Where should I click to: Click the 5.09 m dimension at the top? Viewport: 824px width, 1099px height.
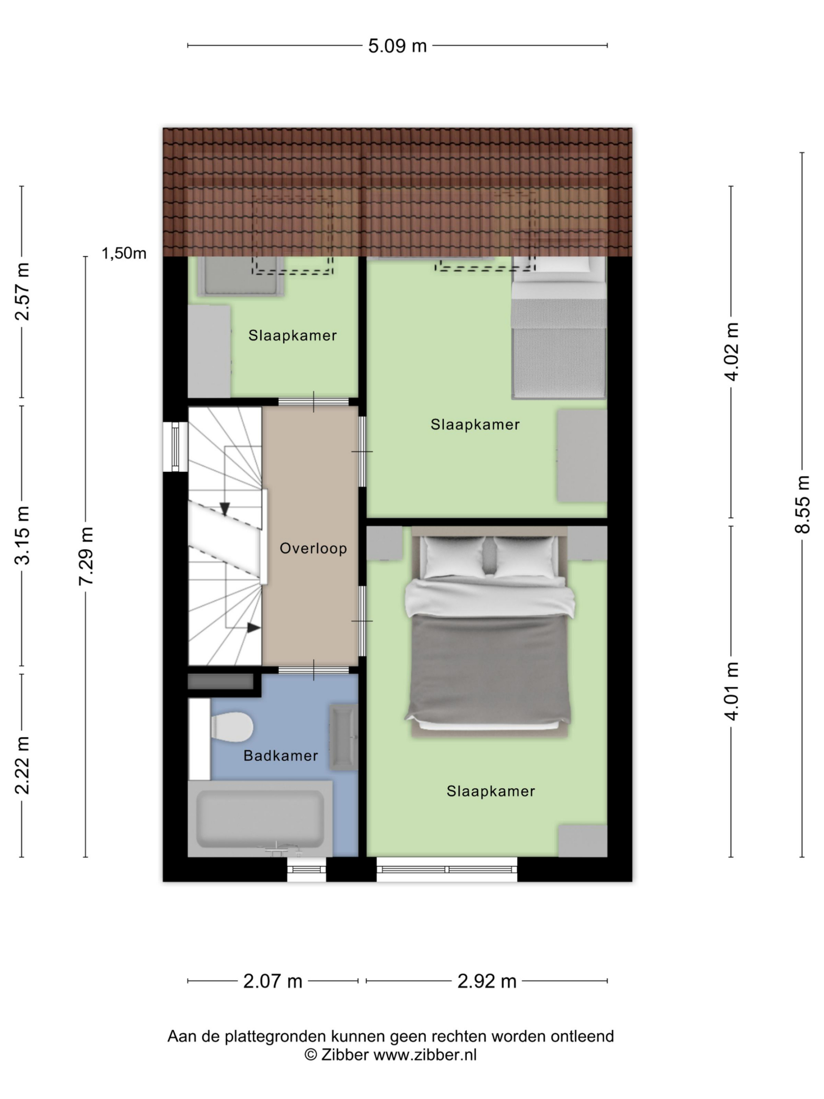[x=397, y=46]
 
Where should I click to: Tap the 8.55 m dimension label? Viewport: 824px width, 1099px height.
[x=802, y=504]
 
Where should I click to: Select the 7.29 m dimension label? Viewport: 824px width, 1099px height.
[x=86, y=556]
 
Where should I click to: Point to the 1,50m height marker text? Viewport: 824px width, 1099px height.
[x=124, y=253]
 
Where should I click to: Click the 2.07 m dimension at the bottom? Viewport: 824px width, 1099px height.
[x=273, y=981]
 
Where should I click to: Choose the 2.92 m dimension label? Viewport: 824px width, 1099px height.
[x=487, y=981]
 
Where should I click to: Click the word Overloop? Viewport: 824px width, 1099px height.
[x=313, y=549]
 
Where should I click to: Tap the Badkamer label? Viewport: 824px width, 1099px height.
[x=281, y=756]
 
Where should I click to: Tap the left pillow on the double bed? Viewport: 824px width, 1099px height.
[x=452, y=556]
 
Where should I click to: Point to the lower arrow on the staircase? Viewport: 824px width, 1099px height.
[x=253, y=628]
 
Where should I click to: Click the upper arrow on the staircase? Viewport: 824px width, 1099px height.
[x=224, y=508]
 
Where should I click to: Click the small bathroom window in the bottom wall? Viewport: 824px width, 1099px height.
[x=306, y=869]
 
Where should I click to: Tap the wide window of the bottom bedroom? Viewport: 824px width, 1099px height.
[x=446, y=869]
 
